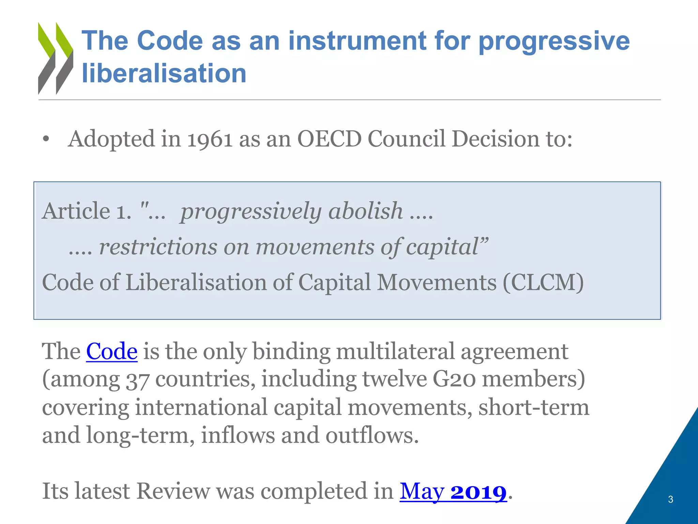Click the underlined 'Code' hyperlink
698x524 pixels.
[x=112, y=351]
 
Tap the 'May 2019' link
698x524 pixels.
[x=453, y=492]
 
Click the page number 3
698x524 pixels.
[x=670, y=499]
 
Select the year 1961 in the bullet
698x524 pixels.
[x=210, y=139]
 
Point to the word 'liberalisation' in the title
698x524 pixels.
[x=164, y=73]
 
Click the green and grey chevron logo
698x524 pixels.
[x=56, y=58]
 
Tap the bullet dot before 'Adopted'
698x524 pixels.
[x=46, y=140]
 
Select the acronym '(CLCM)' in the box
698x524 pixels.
[x=543, y=282]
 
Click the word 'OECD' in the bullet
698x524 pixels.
[x=329, y=139]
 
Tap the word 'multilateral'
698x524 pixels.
[x=395, y=351]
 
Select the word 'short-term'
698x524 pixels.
[x=534, y=407]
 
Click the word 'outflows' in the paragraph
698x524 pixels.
[x=371, y=436]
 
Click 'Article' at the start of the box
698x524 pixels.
[x=76, y=211]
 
